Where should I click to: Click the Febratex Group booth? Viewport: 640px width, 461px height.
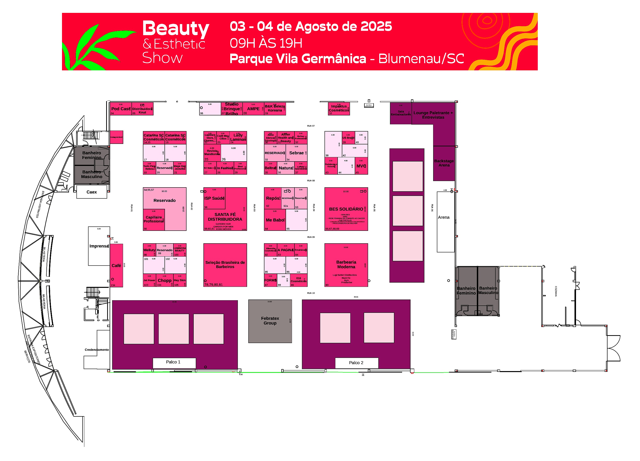(x=270, y=321)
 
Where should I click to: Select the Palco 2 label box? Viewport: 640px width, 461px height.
(x=356, y=363)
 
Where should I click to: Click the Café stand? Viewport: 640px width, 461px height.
(x=116, y=266)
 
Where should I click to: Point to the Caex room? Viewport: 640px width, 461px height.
(x=92, y=192)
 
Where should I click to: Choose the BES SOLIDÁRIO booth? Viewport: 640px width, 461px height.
(x=346, y=209)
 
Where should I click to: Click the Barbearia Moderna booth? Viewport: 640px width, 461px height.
(x=346, y=265)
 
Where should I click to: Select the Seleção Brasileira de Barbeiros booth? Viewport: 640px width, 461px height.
(x=225, y=265)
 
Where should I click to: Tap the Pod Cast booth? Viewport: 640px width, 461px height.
(x=121, y=109)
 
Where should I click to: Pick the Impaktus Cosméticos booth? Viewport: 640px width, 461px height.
(x=339, y=108)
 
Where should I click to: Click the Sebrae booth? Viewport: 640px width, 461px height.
(x=296, y=153)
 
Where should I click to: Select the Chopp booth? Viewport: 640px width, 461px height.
(x=164, y=280)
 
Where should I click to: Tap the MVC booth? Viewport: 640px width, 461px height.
(x=361, y=166)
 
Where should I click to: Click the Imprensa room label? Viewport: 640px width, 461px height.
(x=99, y=246)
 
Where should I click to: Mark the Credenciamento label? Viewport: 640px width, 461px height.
(x=97, y=350)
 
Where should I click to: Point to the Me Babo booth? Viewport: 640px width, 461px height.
(x=275, y=220)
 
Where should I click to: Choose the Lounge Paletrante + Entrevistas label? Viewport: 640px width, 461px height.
(x=433, y=115)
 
